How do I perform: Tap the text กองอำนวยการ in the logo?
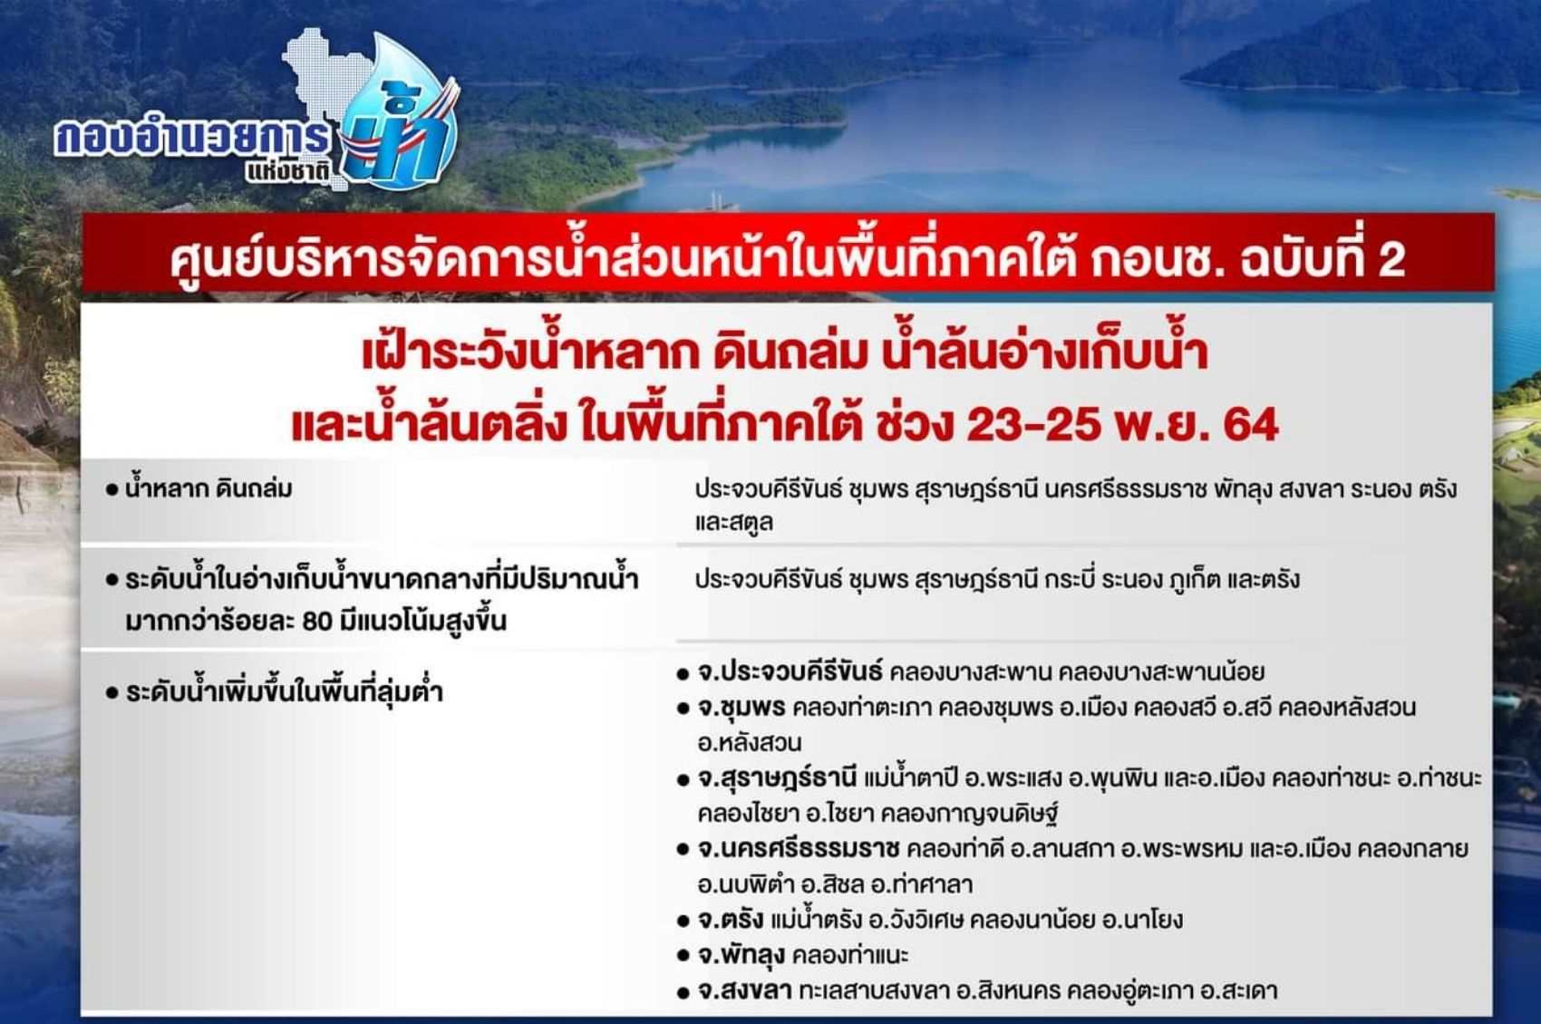click(192, 138)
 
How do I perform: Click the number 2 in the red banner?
click(1391, 260)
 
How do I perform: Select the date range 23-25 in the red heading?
click(1032, 424)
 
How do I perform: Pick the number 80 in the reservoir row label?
click(317, 621)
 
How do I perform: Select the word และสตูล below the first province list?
click(734, 522)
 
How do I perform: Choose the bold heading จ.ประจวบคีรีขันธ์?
click(789, 671)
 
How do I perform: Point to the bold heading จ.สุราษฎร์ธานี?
click(777, 778)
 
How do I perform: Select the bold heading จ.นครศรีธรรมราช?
click(798, 849)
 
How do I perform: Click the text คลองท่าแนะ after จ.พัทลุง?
click(850, 954)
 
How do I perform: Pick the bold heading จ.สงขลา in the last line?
click(744, 990)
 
